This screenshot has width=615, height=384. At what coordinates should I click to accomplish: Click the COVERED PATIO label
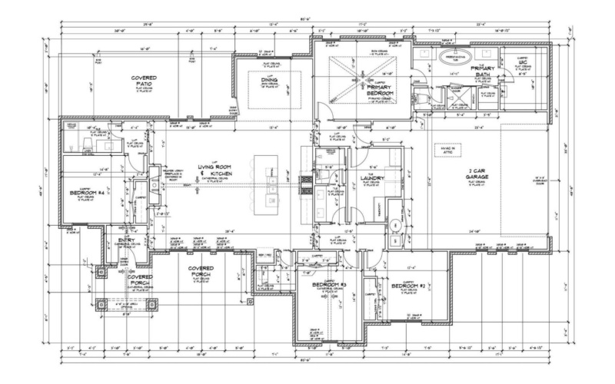tap(145, 81)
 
